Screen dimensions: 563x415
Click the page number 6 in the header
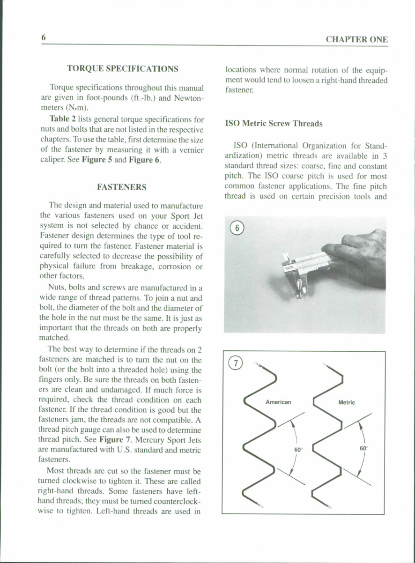pos(43,37)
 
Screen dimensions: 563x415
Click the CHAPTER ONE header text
pos(356,40)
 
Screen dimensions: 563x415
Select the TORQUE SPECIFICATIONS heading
pos(122,68)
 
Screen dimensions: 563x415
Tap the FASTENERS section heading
pos(121,187)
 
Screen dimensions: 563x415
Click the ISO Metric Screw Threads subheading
pos(274,124)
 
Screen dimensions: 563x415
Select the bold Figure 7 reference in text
pos(115,440)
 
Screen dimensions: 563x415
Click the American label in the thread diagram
pos(278,402)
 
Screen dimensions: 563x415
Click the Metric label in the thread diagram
pos(346,402)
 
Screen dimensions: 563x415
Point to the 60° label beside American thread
pos(298,449)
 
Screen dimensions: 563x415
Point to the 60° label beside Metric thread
pos(364,448)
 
